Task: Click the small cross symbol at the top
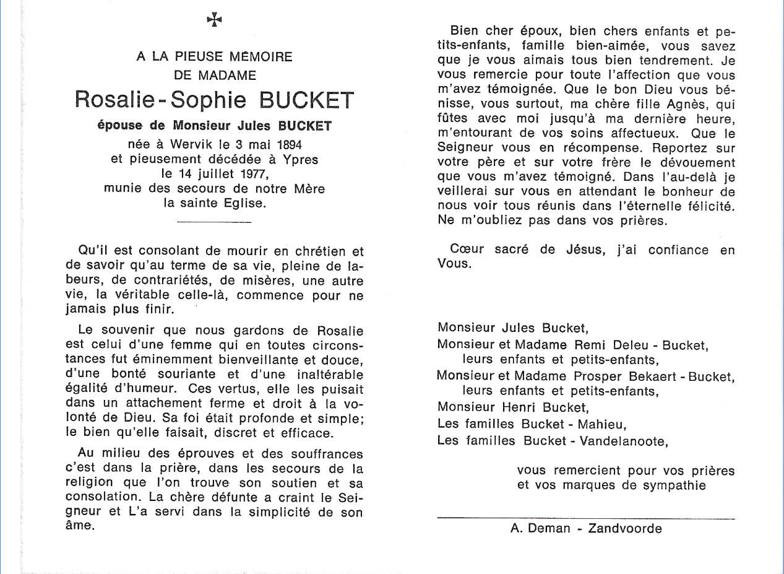point(214,20)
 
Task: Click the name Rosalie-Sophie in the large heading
point(159,100)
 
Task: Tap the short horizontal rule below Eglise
point(213,222)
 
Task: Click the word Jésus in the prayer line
point(585,250)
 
